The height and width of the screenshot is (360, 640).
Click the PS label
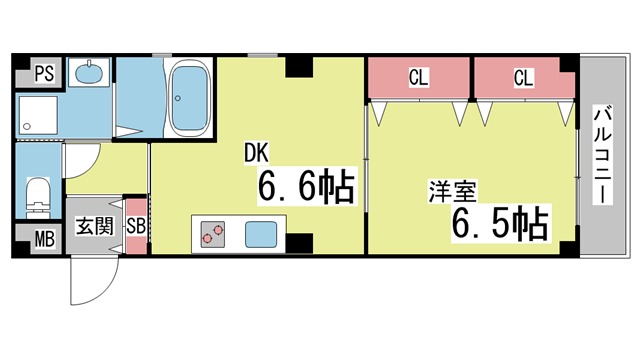(x=43, y=72)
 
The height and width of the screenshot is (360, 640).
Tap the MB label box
(x=43, y=239)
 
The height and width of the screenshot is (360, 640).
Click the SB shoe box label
(x=136, y=225)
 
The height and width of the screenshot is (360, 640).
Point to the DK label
(x=258, y=153)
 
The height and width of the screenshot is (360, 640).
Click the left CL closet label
(x=419, y=77)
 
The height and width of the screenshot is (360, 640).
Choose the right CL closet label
(x=523, y=77)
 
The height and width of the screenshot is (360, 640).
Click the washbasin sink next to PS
(x=90, y=73)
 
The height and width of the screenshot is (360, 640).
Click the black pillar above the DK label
(x=298, y=68)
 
